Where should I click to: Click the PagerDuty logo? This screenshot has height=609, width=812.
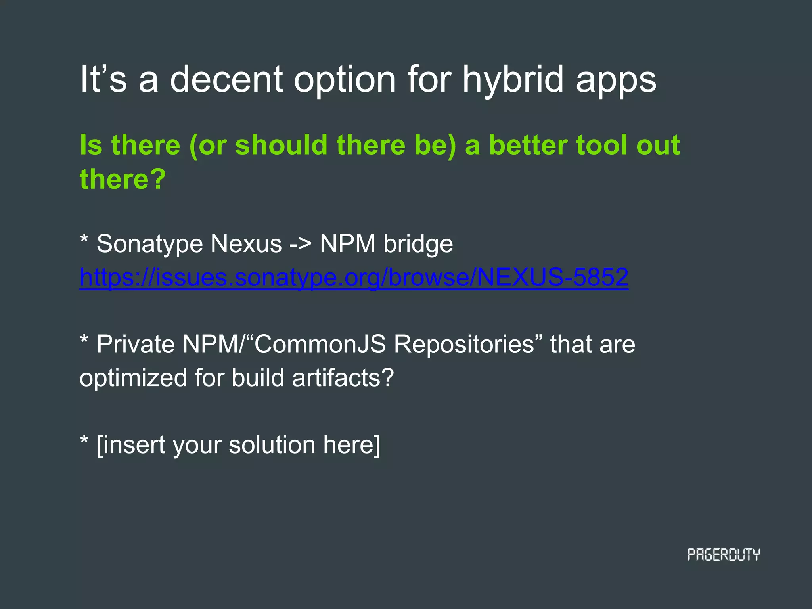point(724,555)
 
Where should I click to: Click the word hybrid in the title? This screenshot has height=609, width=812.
point(513,79)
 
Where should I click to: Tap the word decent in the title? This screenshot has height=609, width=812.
point(226,79)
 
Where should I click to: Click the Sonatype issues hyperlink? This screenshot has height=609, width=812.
point(354,277)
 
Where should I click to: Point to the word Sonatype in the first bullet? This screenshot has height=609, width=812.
point(149,244)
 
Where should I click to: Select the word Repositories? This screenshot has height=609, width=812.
point(464,345)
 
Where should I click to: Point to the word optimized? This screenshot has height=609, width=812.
point(133,378)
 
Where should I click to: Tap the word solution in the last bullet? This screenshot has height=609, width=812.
point(272,445)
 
